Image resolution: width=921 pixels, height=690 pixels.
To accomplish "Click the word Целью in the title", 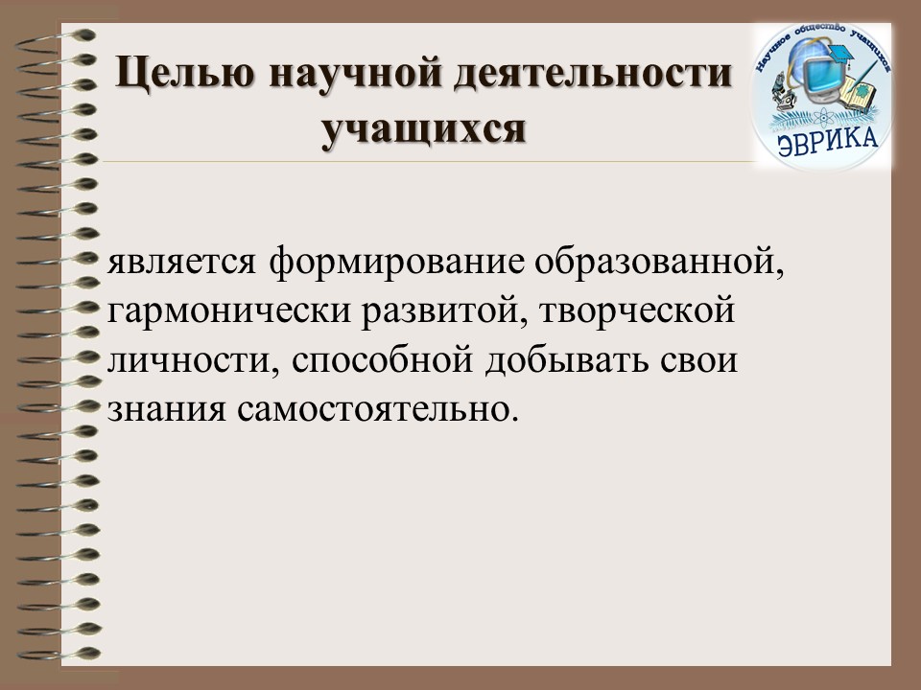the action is point(185,74).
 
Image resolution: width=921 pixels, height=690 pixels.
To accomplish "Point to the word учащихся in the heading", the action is point(423,128).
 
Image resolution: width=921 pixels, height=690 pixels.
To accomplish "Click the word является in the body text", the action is point(181,263).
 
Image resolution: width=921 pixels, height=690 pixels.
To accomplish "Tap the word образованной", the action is point(659,261).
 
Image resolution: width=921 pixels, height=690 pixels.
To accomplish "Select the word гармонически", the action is point(229,311).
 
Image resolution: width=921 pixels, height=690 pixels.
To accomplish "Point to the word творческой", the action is point(637,311).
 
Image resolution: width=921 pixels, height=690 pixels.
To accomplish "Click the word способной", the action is point(382,359).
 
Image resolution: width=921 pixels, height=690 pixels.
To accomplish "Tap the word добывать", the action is point(567,359).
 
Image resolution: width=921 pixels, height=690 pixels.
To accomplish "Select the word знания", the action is point(167,410).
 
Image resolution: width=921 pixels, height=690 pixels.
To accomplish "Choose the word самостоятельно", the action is point(379,409).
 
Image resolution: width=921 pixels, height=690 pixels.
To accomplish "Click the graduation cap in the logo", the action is point(843,53).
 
